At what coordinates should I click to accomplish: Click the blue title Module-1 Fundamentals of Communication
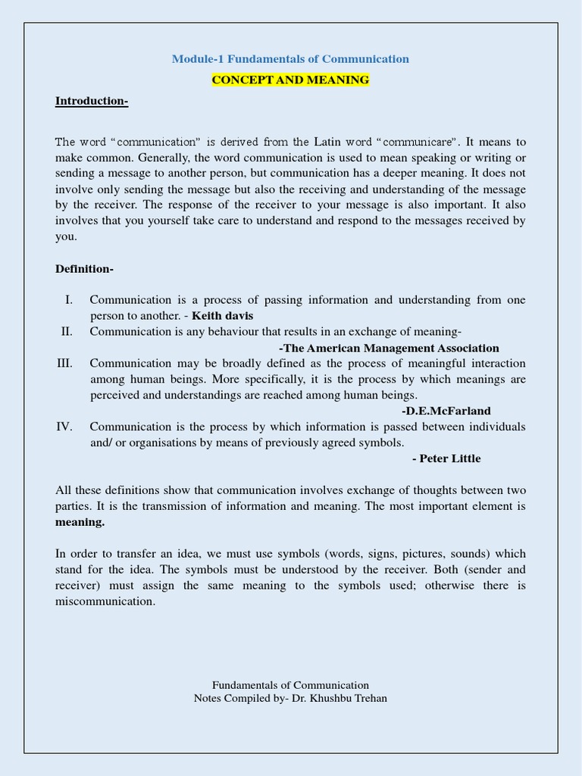coord(290,59)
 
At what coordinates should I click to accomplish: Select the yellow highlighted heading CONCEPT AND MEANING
coord(290,80)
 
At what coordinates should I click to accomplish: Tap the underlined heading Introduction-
coord(92,102)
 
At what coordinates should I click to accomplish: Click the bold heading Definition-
coord(84,269)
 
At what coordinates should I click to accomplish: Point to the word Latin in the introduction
coord(327,142)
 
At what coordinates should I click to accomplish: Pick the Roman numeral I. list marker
coord(69,300)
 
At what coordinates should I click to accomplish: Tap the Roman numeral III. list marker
coord(64,363)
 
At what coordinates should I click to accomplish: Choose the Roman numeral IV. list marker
coord(64,427)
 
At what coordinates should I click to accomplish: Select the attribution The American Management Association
coord(389,348)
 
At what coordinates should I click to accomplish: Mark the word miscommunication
coord(105,602)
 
